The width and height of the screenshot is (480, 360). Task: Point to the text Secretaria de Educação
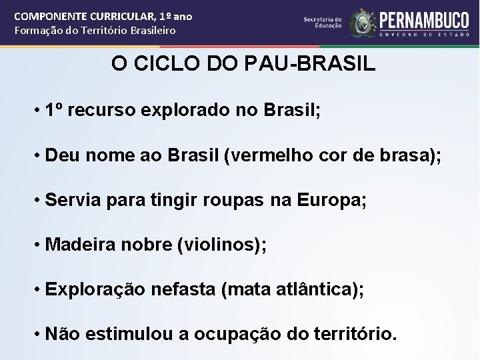tap(323, 23)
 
